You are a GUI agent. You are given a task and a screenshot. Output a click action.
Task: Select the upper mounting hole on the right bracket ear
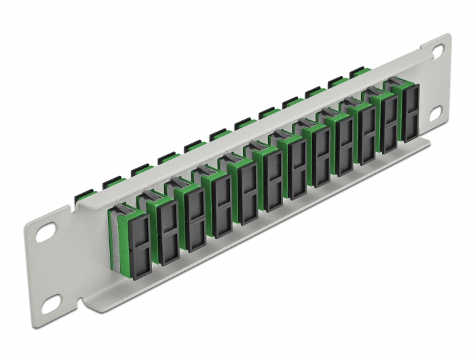(437, 50)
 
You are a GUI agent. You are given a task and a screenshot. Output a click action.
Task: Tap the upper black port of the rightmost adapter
(410, 100)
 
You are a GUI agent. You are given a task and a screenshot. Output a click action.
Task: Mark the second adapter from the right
(386, 122)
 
